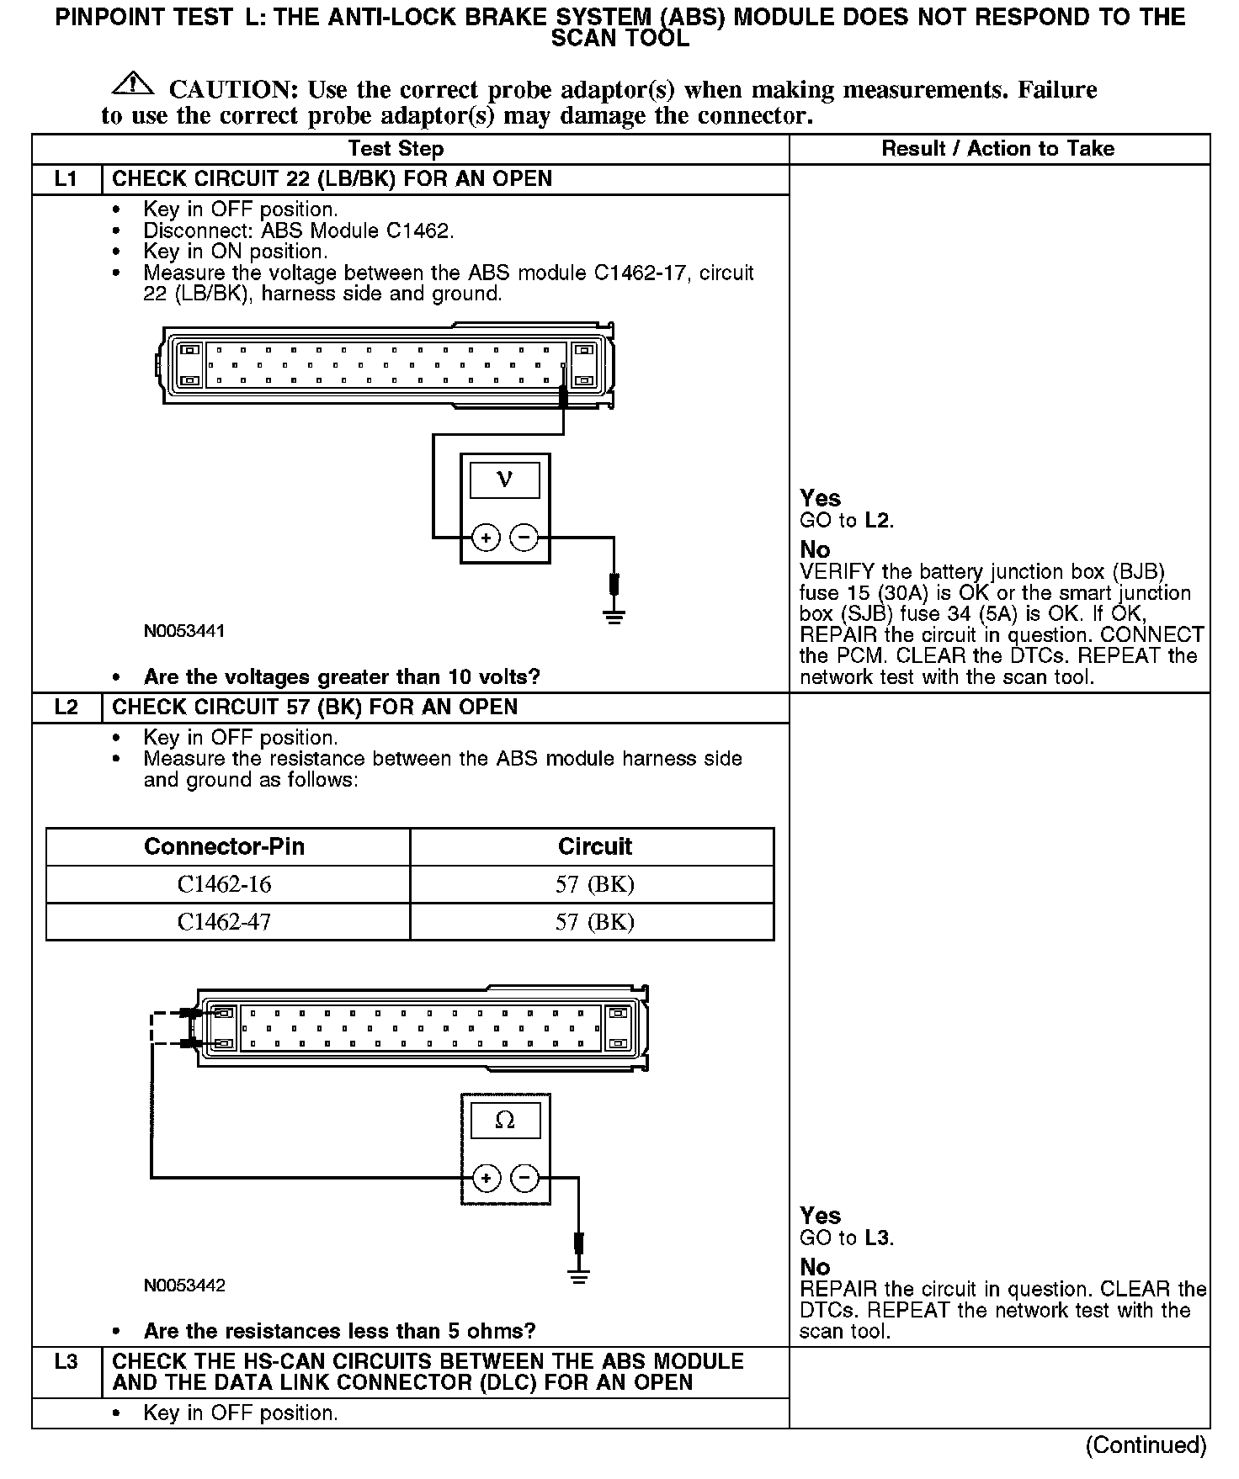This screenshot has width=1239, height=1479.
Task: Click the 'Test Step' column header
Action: pyautogui.click(x=396, y=149)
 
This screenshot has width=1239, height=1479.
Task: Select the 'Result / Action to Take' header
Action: pyautogui.click(x=997, y=149)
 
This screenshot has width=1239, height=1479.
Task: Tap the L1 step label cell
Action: pyautogui.click(x=66, y=179)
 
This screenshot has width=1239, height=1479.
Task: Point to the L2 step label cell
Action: pyautogui.click(x=66, y=708)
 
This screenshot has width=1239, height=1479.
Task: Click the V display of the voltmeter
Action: pyautogui.click(x=504, y=480)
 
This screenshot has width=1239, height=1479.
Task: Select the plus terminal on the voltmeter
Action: pyautogui.click(x=486, y=537)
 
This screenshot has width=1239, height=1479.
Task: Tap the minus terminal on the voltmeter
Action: pyautogui.click(x=524, y=537)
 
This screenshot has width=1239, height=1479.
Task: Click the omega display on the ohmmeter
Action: pyautogui.click(x=505, y=1121)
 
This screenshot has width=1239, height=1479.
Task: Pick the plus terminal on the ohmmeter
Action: pyautogui.click(x=486, y=1178)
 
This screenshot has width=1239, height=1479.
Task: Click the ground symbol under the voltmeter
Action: pyautogui.click(x=614, y=617)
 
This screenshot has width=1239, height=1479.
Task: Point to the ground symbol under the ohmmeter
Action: pyautogui.click(x=578, y=1275)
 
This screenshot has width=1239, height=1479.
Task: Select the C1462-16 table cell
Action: pyautogui.click(x=225, y=885)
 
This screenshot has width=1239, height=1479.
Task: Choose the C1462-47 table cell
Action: pyautogui.click(x=225, y=922)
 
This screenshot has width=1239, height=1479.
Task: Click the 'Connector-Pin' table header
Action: pyautogui.click(x=225, y=846)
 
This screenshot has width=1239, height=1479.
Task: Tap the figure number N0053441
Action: pyautogui.click(x=184, y=631)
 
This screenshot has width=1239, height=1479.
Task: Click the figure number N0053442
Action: pyautogui.click(x=184, y=1286)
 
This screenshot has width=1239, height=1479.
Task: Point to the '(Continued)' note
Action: pyautogui.click(x=1146, y=1445)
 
